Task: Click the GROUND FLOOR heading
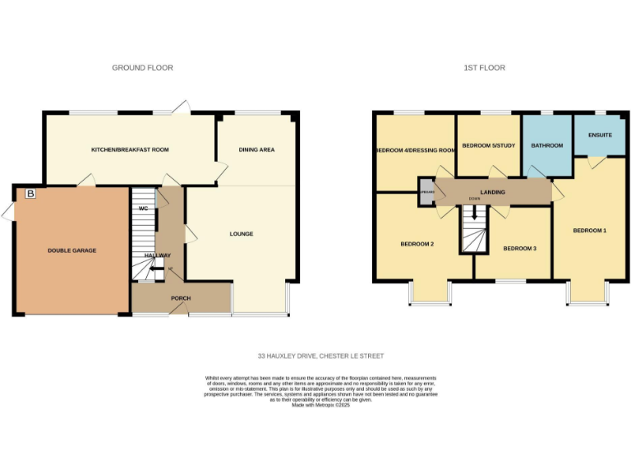142,67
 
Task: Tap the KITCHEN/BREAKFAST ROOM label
130,149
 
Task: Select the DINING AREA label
256,149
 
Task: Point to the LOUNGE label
241,234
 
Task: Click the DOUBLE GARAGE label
71,250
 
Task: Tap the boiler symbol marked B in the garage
30,194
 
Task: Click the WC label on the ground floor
143,209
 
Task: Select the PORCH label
181,298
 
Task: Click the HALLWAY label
158,255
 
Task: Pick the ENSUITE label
601,135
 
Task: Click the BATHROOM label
546,145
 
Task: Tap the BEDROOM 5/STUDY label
488,145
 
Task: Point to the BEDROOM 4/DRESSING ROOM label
415,150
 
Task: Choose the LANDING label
493,192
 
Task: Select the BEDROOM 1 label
589,231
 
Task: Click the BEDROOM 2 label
417,244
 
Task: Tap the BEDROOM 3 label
519,248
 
